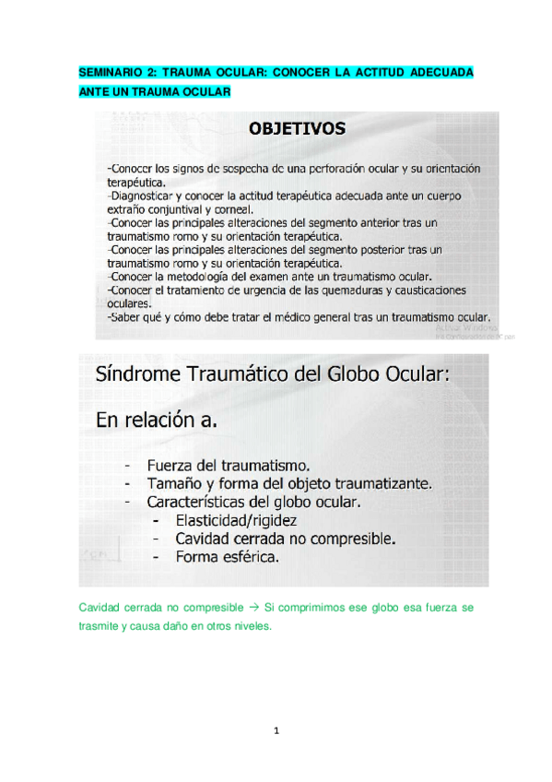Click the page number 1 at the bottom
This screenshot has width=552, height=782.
[x=276, y=731]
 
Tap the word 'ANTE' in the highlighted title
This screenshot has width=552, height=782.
[x=95, y=91]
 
